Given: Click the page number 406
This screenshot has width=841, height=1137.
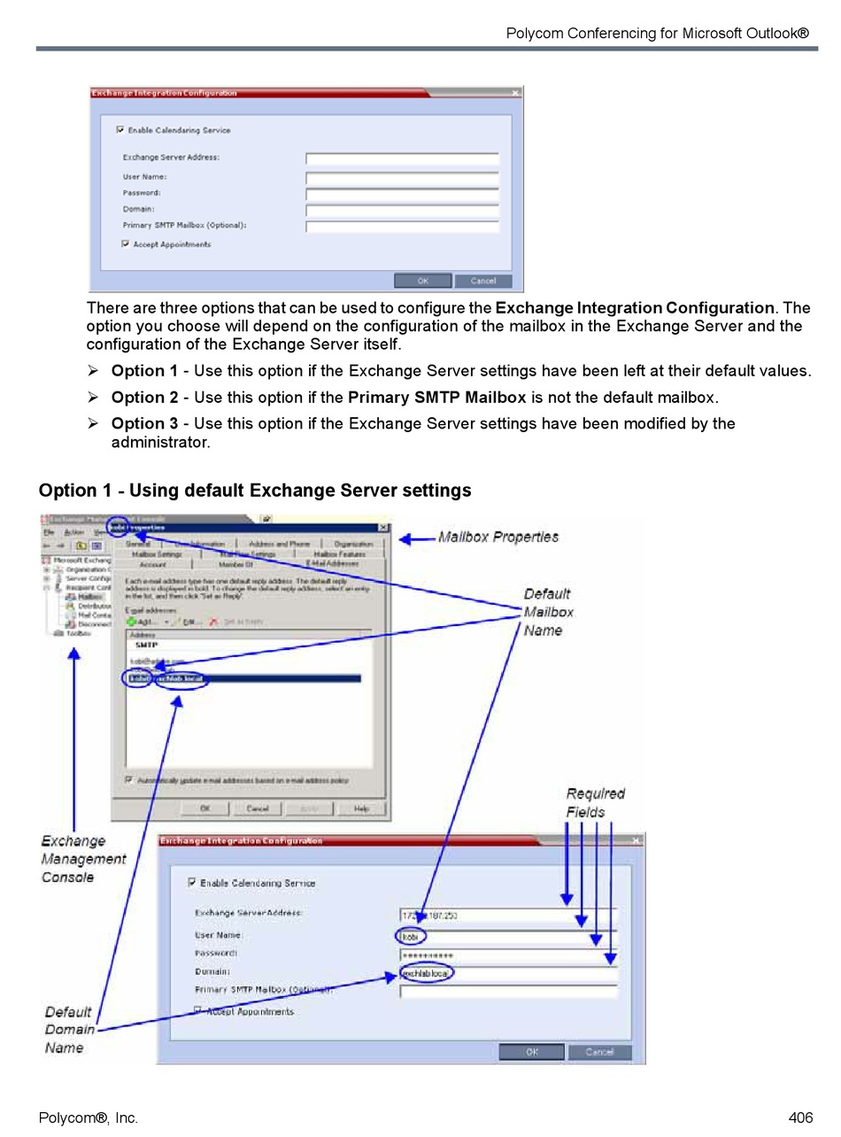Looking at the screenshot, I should [799, 1118].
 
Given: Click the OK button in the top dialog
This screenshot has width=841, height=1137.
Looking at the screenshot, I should [422, 281].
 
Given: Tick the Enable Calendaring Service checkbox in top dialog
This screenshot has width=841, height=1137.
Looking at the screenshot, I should [120, 129].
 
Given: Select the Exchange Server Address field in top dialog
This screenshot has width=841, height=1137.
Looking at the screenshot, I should [402, 159].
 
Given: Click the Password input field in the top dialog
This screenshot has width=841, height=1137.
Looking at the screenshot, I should [402, 193].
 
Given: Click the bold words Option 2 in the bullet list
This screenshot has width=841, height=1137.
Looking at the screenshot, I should [144, 398].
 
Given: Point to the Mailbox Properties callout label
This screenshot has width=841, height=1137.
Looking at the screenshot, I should [498, 537].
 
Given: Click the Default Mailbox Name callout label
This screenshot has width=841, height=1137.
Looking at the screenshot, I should [548, 612].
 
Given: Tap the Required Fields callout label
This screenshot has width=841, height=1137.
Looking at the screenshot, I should [595, 802].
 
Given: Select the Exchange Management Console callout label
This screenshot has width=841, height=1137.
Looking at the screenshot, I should [83, 859].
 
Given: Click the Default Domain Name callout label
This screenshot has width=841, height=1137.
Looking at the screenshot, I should [69, 1029].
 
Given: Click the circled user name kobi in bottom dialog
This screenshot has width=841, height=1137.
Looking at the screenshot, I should [410, 936].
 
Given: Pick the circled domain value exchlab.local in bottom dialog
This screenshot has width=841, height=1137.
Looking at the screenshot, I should [426, 973].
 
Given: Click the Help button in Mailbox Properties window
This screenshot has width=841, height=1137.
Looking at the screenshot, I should [361, 808].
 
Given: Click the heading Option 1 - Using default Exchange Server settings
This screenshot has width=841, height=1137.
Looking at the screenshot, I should [255, 491].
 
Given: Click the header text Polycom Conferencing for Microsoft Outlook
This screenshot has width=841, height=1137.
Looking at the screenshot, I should [657, 34].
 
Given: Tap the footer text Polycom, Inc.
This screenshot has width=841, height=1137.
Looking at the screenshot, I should [88, 1118].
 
